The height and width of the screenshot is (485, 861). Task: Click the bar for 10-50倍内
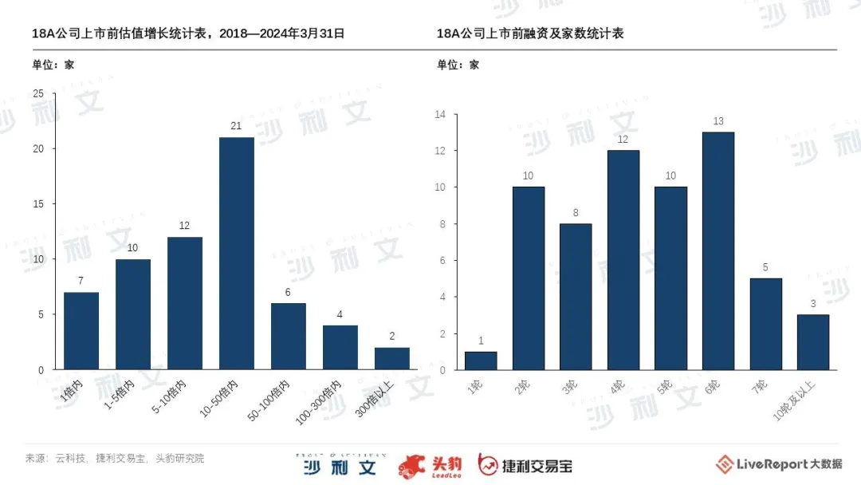[x=237, y=253]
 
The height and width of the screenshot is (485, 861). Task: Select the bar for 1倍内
[x=81, y=330]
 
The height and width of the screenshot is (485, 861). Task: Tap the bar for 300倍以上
[x=392, y=358]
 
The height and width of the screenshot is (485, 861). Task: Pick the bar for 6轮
[x=718, y=250]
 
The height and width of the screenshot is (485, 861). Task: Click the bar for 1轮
[x=481, y=361]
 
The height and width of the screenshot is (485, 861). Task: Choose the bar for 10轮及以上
[x=813, y=341]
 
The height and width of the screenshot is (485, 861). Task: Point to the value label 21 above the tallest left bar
[x=237, y=126]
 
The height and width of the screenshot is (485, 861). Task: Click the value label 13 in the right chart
[x=718, y=121]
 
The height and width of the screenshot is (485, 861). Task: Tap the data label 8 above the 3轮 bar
[x=576, y=213]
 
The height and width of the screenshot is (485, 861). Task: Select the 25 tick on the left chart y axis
[x=38, y=94]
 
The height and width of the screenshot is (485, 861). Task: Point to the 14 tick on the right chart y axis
[x=438, y=114]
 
